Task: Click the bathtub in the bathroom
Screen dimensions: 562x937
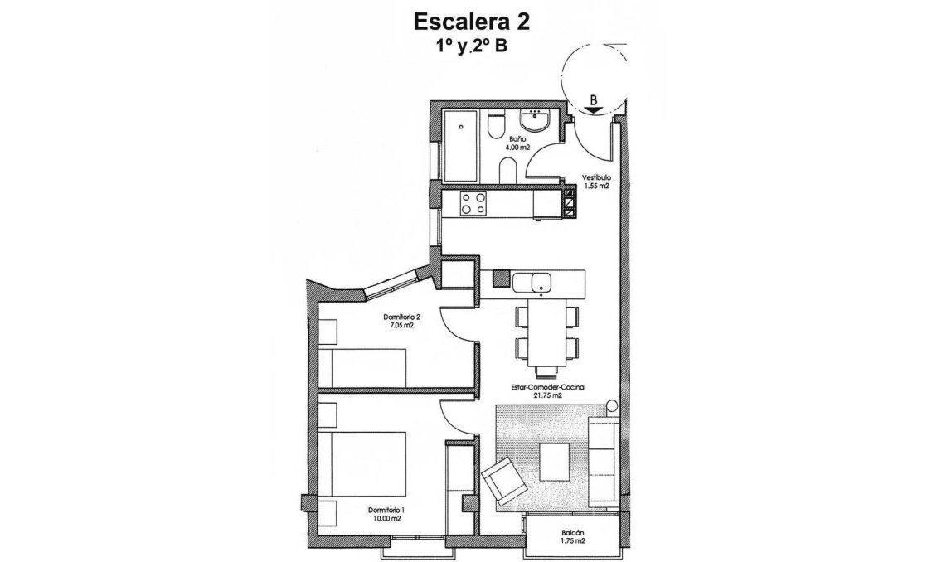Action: [457, 144]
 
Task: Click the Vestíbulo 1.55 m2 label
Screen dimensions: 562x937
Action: [595, 182]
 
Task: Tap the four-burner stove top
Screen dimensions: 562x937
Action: [473, 203]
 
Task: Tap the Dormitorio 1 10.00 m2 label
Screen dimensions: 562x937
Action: [386, 514]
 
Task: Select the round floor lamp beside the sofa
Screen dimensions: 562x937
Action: [612, 406]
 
